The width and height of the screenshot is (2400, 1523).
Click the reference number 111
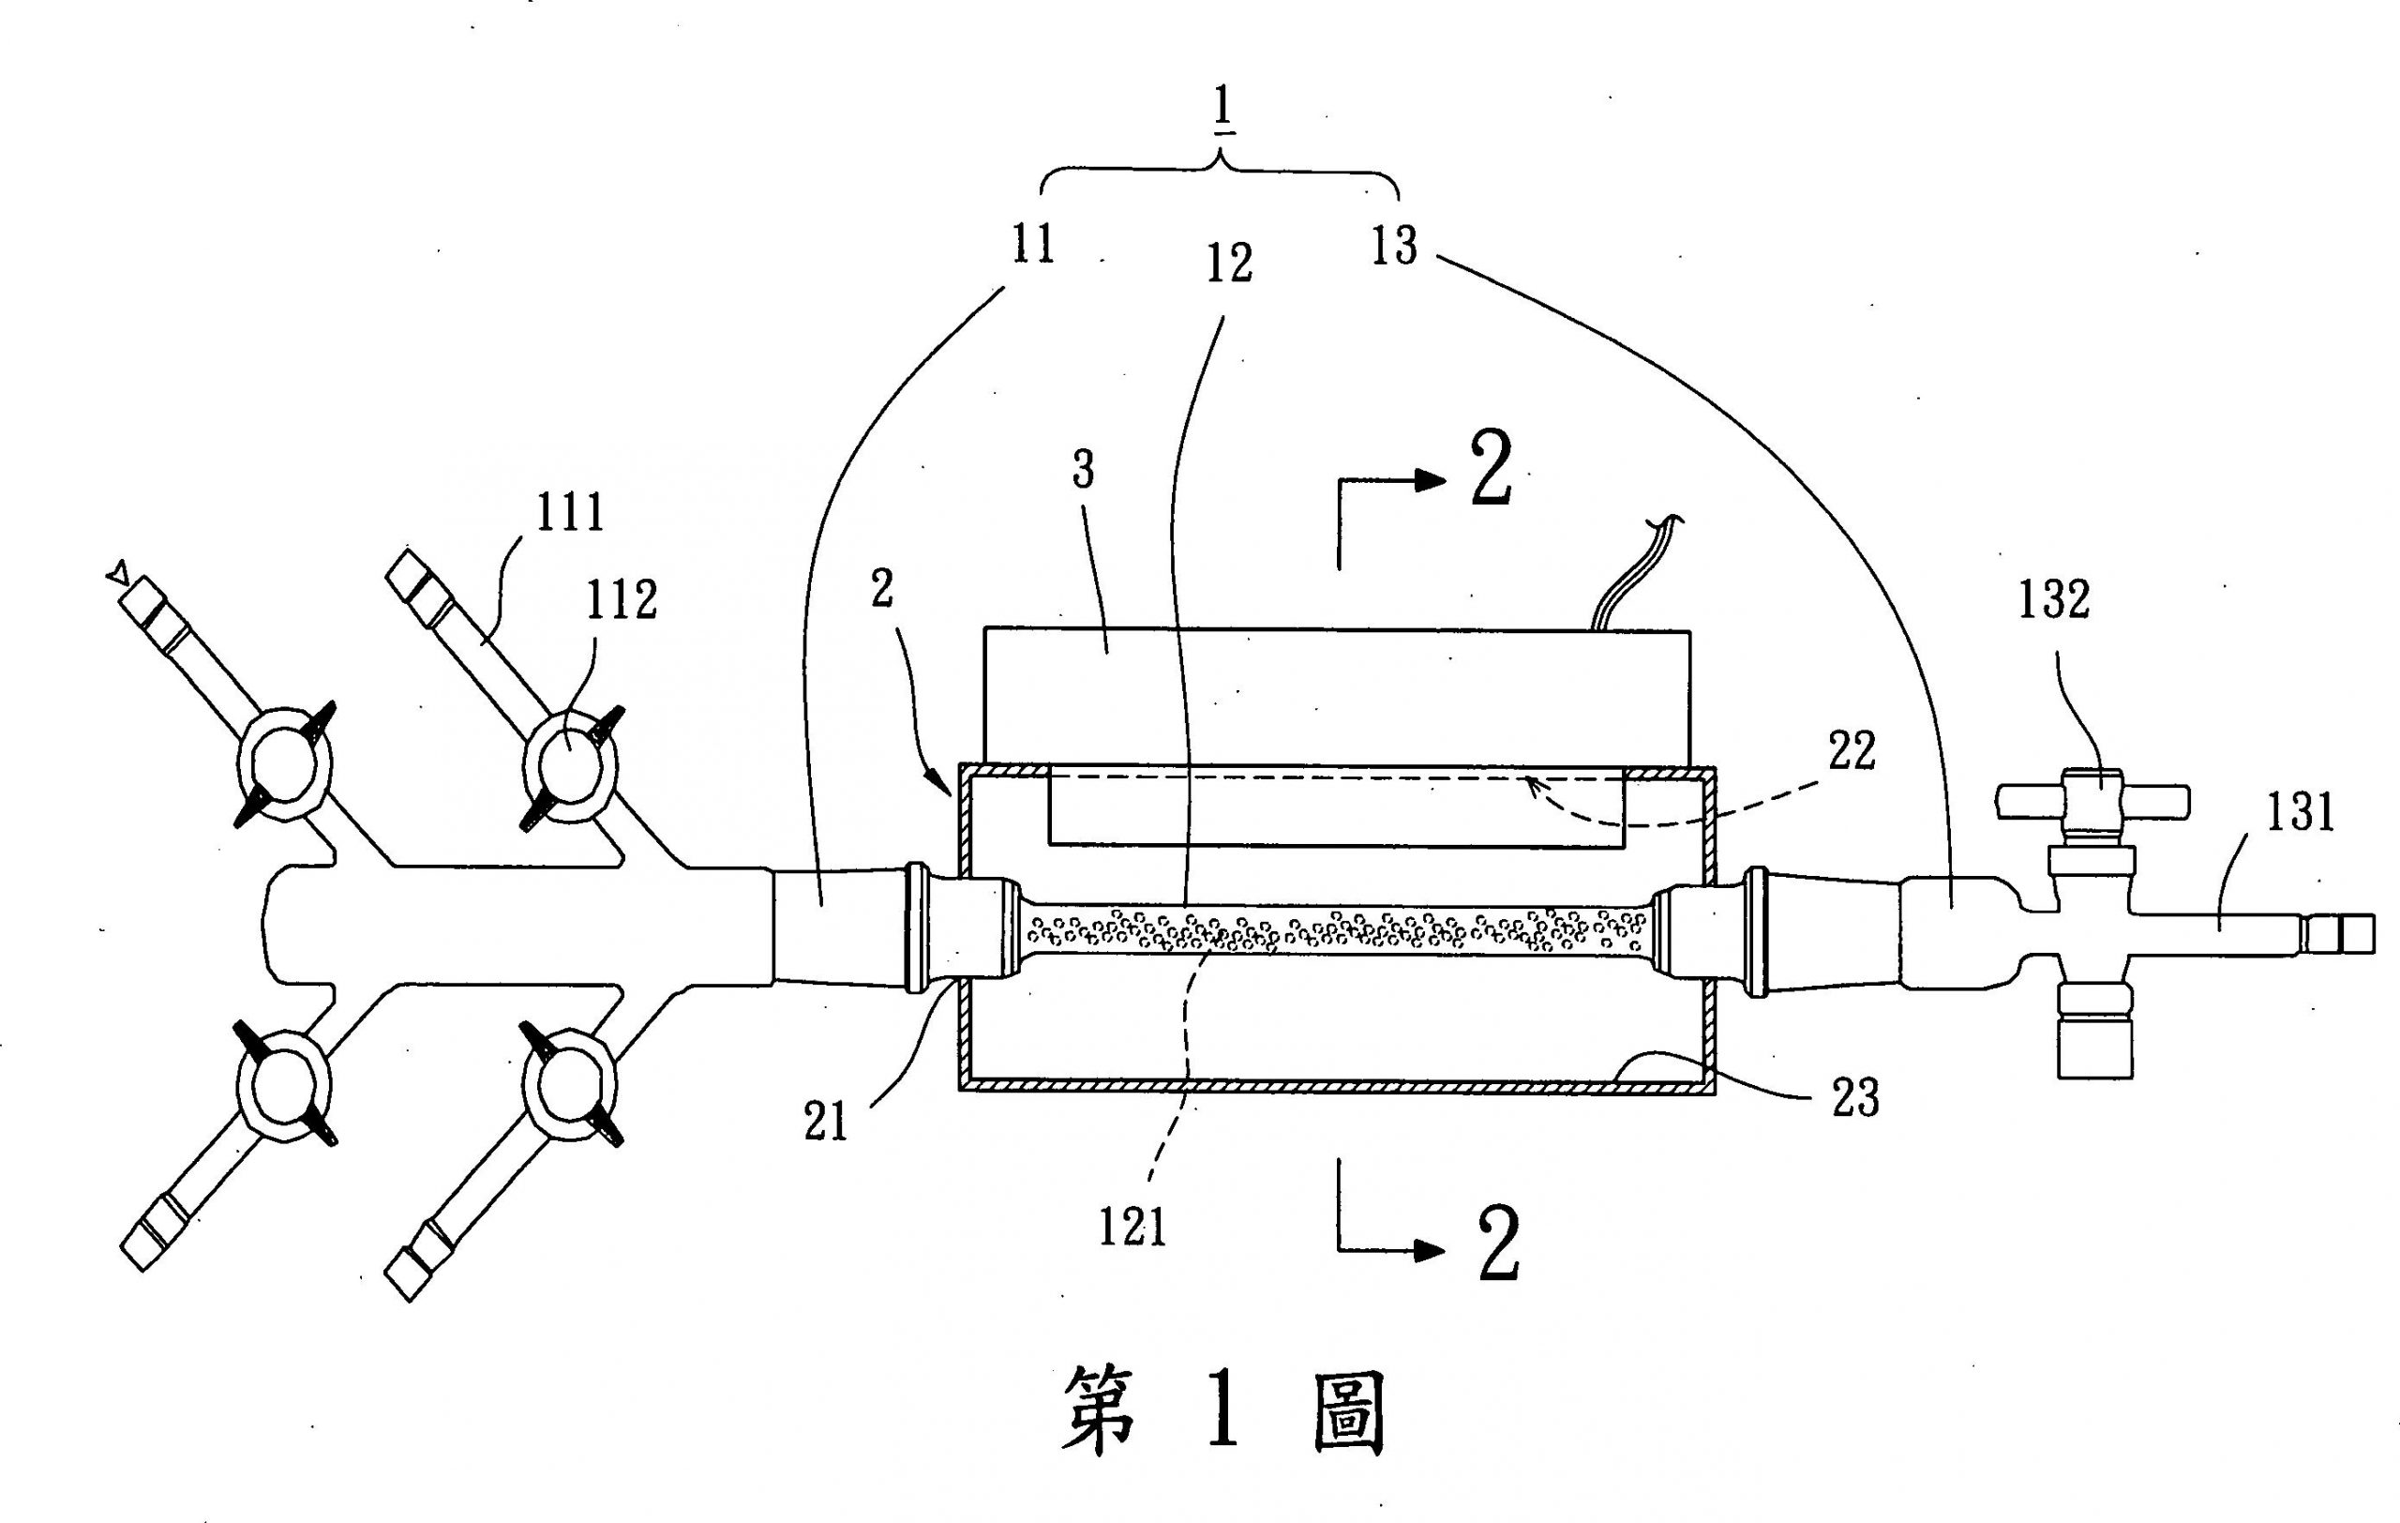pos(570,513)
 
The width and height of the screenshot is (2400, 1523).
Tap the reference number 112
pos(622,600)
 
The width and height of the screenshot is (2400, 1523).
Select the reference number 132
pos(2054,600)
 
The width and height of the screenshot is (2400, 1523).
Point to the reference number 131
pos(2301,811)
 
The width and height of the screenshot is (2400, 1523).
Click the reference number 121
pos(1132,1226)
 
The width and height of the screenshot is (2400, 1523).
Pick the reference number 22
pos(1852,750)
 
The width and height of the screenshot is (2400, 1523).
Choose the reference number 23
pos(1854,1097)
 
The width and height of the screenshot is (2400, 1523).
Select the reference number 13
pos(1393,245)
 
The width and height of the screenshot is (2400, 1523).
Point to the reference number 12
pos(1229,264)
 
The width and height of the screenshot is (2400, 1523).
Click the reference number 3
pos(1084,470)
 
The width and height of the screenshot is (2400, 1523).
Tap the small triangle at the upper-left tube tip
pos(117,573)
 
